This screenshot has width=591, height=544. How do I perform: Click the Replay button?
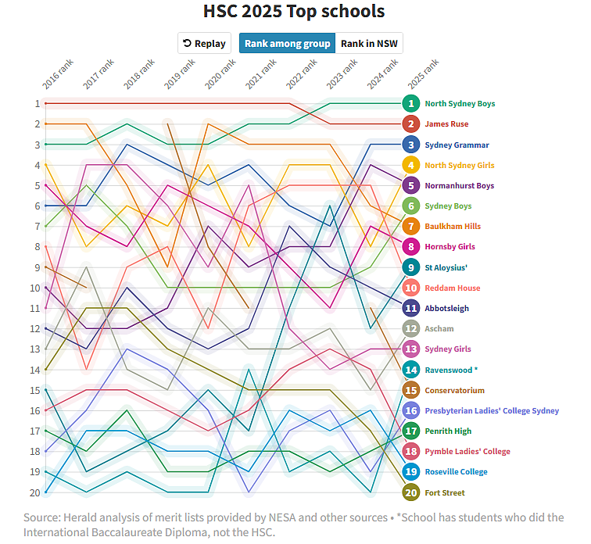pyautogui.click(x=204, y=44)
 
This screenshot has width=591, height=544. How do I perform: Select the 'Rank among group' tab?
pyautogui.click(x=287, y=44)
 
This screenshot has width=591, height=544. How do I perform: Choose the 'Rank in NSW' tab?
pyautogui.click(x=369, y=44)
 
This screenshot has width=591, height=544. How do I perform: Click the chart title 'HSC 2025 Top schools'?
pyautogui.click(x=294, y=12)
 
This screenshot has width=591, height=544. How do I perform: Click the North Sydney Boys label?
pyautogui.click(x=460, y=104)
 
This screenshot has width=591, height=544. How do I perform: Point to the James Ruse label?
pyautogui.click(x=447, y=124)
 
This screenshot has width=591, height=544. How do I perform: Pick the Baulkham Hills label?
pyautogui.click(x=453, y=227)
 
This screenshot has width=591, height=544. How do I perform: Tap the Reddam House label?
pyautogui.click(x=453, y=288)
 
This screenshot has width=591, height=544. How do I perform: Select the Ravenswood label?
pyautogui.click(x=451, y=370)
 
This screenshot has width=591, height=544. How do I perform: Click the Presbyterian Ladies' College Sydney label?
pyautogui.click(x=492, y=410)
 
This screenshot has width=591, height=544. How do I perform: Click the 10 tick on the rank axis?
pyautogui.click(x=35, y=288)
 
